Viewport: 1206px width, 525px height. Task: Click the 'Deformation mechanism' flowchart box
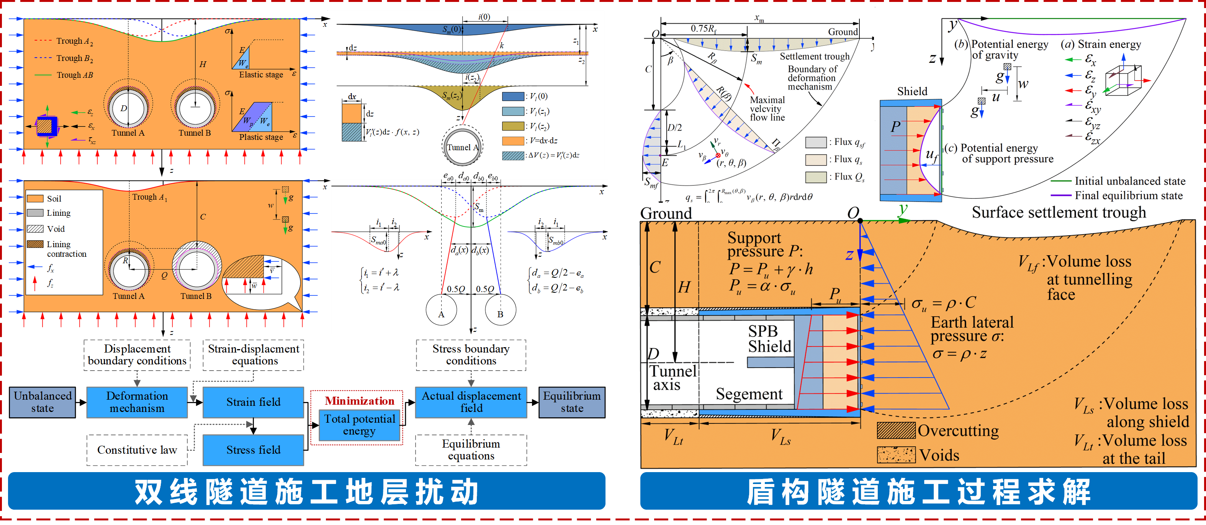(137, 402)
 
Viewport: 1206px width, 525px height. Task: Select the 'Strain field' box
(253, 402)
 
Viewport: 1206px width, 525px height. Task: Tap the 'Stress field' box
(253, 450)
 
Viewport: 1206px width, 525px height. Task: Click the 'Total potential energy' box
(360, 425)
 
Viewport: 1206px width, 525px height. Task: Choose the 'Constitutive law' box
(137, 450)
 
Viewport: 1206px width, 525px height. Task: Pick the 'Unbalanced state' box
(43, 402)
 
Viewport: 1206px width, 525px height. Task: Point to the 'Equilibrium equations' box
(471, 450)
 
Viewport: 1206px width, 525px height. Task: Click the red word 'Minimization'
(360, 401)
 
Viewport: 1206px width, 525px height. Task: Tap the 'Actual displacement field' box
(471, 402)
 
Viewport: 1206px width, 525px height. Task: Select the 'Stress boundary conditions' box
(471, 354)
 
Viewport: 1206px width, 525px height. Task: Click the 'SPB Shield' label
(769, 339)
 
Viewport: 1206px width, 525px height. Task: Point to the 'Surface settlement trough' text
(1059, 213)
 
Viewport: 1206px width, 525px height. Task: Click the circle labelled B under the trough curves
(501, 310)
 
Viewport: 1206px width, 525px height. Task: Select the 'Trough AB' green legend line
(43, 75)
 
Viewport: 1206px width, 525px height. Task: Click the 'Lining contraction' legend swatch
(35, 244)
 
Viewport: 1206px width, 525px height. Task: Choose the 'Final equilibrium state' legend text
(1128, 195)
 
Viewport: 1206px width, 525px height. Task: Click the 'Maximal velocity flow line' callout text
(767, 109)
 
